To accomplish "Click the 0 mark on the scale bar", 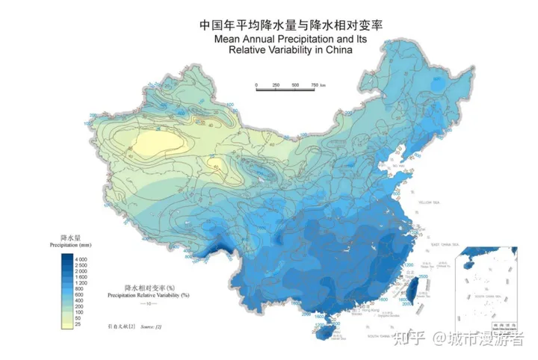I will [x=256, y=85].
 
